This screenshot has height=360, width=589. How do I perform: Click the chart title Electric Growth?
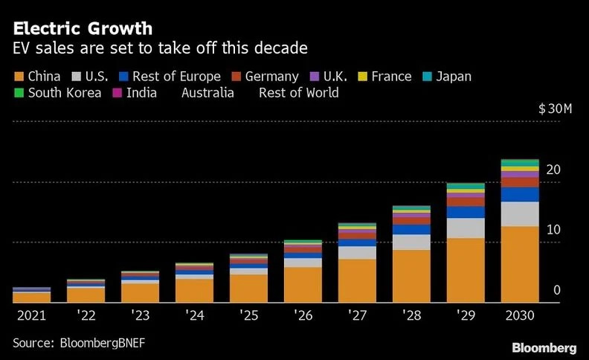[x=83, y=28]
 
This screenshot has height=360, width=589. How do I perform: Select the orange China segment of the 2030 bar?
[x=520, y=264]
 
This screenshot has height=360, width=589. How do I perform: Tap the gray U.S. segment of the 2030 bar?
[x=520, y=213]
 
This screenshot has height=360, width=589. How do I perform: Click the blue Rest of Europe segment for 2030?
[x=520, y=194]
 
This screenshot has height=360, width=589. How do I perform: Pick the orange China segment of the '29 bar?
[x=466, y=270]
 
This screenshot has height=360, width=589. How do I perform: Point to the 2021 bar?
[x=32, y=295]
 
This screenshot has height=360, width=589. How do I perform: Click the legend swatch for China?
[x=19, y=77]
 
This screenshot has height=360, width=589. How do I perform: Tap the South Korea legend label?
[x=65, y=93]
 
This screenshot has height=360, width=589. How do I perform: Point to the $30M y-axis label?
[x=555, y=109]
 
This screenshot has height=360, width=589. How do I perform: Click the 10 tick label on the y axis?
[x=553, y=230]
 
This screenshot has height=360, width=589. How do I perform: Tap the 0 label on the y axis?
[x=556, y=290]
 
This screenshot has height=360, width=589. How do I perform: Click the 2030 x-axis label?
[x=519, y=315]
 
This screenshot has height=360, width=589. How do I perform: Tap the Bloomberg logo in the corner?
[x=544, y=347]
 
